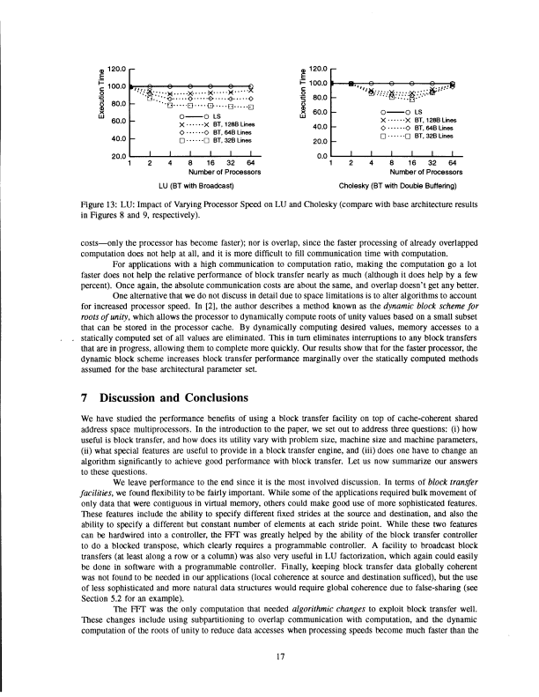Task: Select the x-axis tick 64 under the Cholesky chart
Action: (453, 163)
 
